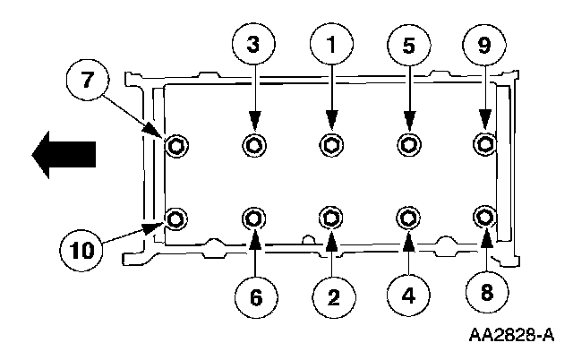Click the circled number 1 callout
coord(331,43)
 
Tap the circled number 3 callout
coord(254,43)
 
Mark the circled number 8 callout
coord(484,292)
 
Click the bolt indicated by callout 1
coord(331,143)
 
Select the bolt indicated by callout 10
coord(176,218)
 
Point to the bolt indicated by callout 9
coord(485,143)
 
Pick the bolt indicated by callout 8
coord(485,217)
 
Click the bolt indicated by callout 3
coord(254,143)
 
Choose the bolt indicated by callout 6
coord(254,218)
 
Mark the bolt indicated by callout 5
coord(408,143)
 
